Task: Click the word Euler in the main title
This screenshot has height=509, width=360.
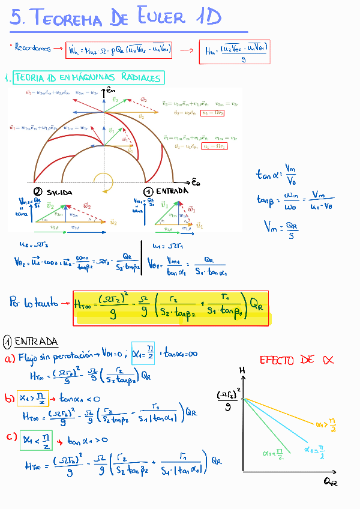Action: (161, 18)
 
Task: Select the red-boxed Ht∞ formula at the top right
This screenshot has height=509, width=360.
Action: (234, 52)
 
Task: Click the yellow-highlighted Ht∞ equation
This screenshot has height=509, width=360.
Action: (170, 309)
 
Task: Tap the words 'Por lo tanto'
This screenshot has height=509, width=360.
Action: (35, 302)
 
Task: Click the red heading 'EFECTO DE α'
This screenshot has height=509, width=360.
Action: (296, 360)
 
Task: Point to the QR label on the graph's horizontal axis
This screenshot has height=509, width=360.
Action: (329, 481)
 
